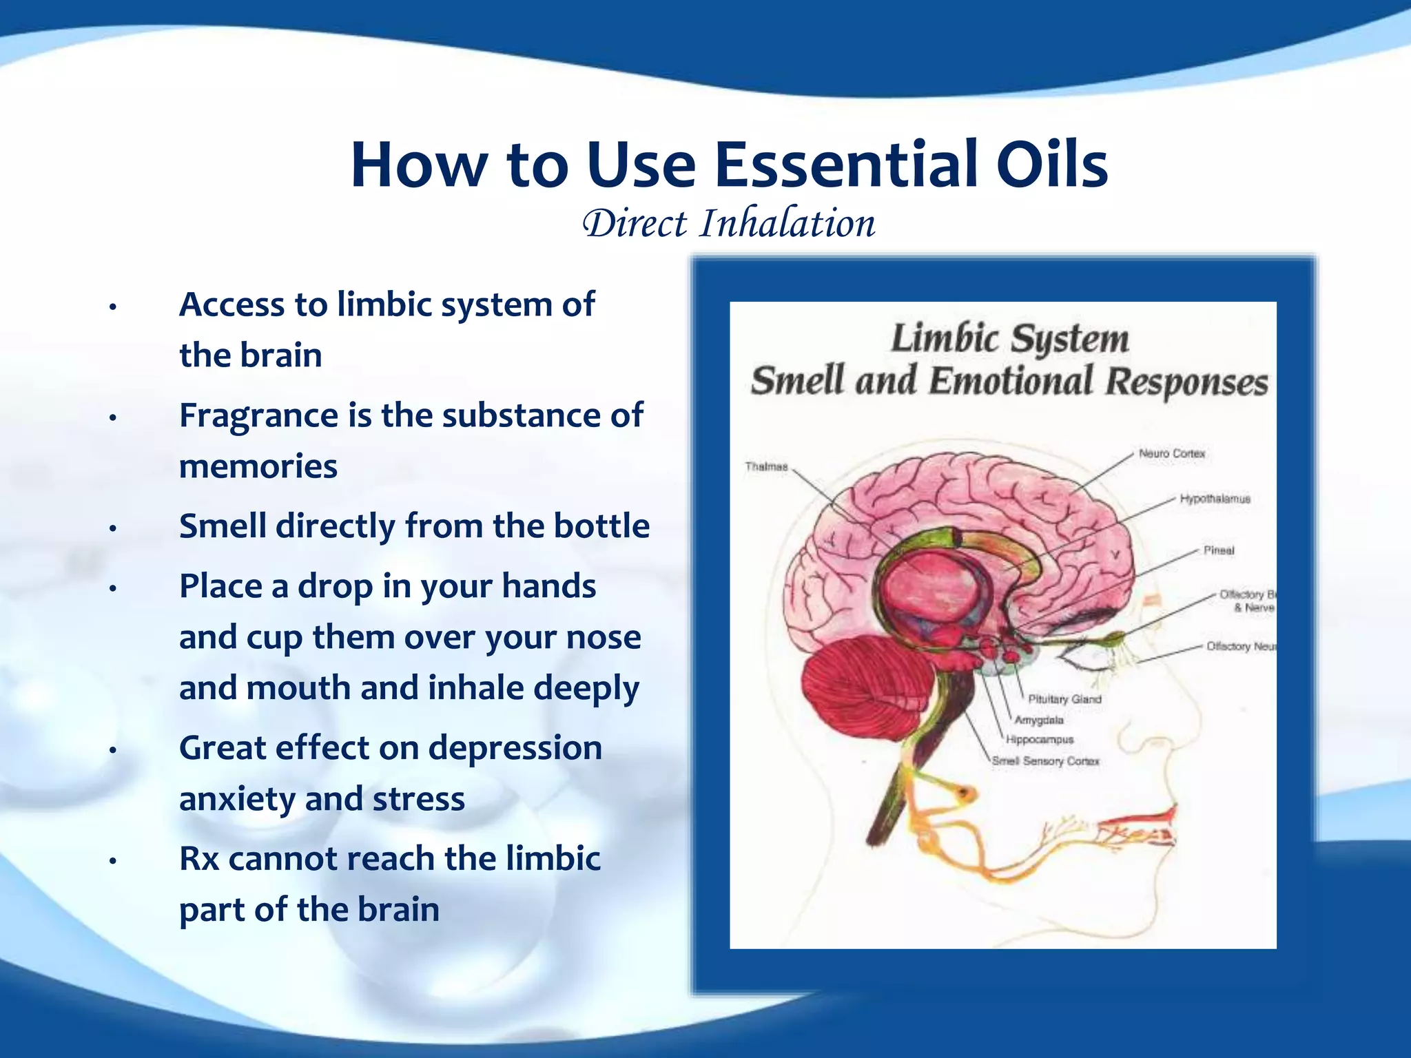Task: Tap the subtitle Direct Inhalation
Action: tap(729, 223)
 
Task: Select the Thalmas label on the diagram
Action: tap(766, 467)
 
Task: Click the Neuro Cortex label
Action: tap(1171, 453)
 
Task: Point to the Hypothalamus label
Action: tap(1215, 499)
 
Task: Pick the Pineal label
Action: tap(1219, 550)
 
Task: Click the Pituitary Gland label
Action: tap(1064, 699)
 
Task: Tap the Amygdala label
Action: tap(1039, 720)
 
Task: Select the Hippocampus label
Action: tap(1040, 740)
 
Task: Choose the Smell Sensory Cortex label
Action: tap(1045, 761)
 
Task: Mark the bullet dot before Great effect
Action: tap(113, 750)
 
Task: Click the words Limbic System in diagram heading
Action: tap(1009, 339)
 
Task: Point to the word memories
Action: tap(258, 467)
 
